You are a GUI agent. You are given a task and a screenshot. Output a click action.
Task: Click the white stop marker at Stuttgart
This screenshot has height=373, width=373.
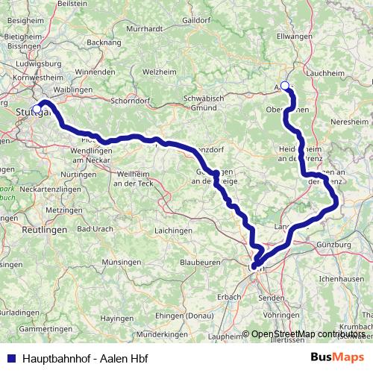click(x=37, y=109)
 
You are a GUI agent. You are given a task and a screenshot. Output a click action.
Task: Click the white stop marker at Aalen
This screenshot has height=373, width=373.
click(x=284, y=86)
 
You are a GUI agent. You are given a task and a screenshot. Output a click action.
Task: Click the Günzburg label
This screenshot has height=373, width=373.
click(x=334, y=245)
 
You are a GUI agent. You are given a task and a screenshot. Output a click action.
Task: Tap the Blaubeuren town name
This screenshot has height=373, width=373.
click(x=200, y=263)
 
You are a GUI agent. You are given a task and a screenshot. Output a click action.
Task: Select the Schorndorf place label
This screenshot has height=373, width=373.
click(x=131, y=99)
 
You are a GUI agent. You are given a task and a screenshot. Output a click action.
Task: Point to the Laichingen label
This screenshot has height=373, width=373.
click(x=173, y=232)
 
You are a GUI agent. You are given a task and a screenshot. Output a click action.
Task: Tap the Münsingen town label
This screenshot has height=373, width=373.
click(x=122, y=263)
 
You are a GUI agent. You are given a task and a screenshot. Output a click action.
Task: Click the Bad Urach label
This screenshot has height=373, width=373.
click(x=95, y=228)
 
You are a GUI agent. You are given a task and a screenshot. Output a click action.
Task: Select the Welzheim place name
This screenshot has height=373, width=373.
click(x=159, y=72)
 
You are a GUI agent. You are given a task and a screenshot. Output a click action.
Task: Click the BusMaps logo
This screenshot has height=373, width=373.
click(x=336, y=357)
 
